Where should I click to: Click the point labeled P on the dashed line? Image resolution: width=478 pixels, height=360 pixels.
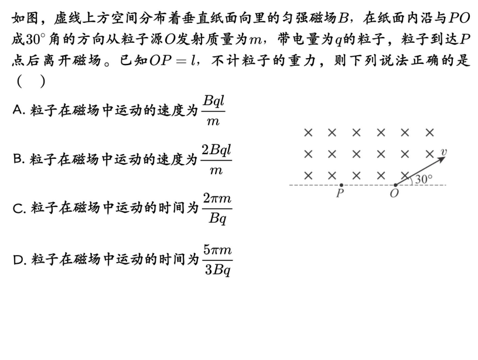point(342,185)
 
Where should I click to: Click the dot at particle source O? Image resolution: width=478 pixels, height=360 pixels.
point(395,185)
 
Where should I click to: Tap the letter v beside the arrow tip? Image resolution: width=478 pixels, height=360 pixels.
point(443,152)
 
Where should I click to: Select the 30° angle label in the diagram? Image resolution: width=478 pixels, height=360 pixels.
point(424,179)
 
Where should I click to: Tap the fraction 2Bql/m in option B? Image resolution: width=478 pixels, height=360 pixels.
point(216,159)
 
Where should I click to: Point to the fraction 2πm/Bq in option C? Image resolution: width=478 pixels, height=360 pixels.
point(217,208)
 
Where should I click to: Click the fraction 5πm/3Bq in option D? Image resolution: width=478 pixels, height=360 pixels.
point(217,258)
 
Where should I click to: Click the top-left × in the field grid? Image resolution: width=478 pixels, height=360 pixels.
point(308,133)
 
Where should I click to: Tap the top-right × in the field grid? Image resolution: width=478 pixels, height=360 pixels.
point(430,133)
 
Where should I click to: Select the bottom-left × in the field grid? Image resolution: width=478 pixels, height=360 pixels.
point(308,175)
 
